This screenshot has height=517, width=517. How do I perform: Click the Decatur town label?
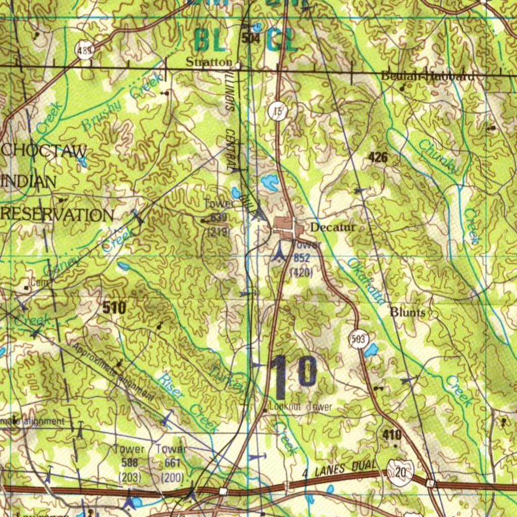tap(333, 228)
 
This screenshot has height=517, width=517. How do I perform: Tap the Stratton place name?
tap(209, 63)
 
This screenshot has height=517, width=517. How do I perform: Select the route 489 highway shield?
tap(85, 50)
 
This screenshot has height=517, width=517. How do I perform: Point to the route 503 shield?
tap(358, 339)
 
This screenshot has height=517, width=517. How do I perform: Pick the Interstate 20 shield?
tap(400, 474)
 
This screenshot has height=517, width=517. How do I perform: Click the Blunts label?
tap(407, 313)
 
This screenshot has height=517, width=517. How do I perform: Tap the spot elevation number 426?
tap(378, 158)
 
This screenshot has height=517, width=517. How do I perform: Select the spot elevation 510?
tap(114, 307)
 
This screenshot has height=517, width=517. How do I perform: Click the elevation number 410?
tap(392, 435)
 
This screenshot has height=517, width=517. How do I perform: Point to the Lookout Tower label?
tap(300, 407)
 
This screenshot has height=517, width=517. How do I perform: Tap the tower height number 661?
tap(172, 462)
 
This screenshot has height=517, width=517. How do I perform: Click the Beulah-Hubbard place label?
tap(428, 77)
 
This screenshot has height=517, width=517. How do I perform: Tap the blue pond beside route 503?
tap(371, 349)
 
